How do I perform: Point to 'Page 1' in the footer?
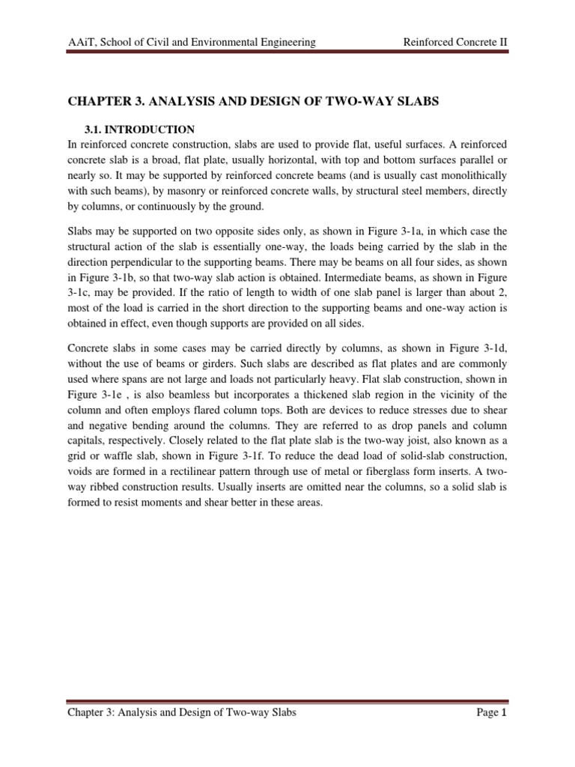pos(492,712)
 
